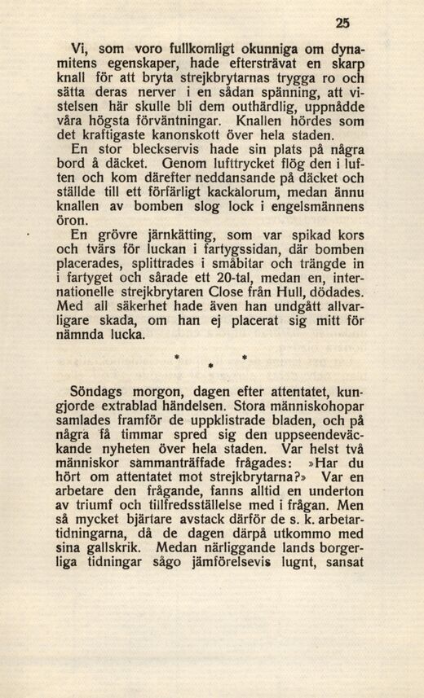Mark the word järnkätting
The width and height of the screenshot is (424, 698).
coord(152,236)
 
